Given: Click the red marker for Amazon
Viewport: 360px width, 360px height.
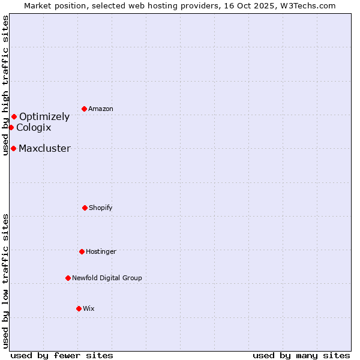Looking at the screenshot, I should pos(84,109).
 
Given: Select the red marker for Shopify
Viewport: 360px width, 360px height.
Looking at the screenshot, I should pos(85,208).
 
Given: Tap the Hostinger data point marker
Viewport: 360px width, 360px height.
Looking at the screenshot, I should pos(82,251).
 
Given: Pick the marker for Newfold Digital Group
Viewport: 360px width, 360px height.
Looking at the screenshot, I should pos(68,278).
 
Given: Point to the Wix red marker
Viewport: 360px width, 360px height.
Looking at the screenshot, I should pos(79,308).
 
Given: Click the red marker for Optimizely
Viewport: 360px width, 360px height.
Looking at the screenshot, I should pos(14,116).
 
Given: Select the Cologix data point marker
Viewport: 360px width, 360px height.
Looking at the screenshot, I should pos(11,127).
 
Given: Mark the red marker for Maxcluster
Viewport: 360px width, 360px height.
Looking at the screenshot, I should pos(13,148).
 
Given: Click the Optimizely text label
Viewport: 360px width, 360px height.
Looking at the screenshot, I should pos(44,117).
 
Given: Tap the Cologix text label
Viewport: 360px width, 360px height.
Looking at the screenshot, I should pos(34,128).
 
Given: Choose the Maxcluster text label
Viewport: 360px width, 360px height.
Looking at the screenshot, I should pos(44,149).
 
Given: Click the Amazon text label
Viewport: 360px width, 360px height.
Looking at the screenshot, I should pos(101,109).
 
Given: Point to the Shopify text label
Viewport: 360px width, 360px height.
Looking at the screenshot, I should pos(101,208).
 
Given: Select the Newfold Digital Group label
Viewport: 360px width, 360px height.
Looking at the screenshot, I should pos(107,278).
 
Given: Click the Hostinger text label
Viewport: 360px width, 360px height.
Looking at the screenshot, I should pos(101,252).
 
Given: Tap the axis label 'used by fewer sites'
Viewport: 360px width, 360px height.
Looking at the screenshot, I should pos(62,355).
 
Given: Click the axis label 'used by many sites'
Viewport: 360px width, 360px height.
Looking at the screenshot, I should pos(301,355).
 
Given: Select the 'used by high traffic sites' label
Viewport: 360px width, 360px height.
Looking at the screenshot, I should pos(5,85).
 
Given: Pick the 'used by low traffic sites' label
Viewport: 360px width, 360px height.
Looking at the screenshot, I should pos(5,281).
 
